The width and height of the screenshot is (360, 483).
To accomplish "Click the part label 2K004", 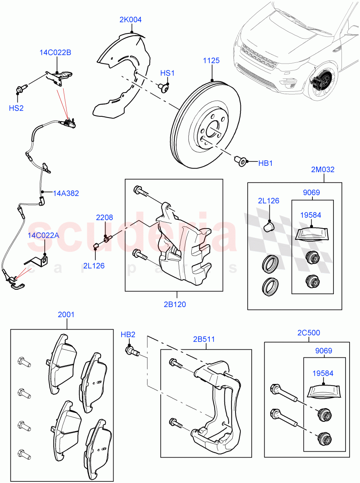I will (x=130, y=19).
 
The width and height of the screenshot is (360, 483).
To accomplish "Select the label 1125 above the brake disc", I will (x=211, y=60).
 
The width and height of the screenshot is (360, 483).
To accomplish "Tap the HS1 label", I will (x=168, y=73).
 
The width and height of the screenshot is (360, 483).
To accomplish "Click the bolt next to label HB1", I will (x=241, y=162).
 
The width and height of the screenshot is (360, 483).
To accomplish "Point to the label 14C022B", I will (x=55, y=52).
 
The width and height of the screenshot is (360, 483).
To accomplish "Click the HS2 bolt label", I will (x=17, y=108).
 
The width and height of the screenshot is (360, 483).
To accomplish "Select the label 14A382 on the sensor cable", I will (x=66, y=193).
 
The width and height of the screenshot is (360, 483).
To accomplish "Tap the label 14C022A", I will (x=43, y=235).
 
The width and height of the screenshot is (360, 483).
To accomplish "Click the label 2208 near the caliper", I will (x=104, y=217).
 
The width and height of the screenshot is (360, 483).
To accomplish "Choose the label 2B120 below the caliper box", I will (x=174, y=304).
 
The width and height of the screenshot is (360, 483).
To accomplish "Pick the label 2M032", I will (x=323, y=169).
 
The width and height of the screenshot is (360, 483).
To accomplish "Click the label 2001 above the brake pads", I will (x=66, y=314).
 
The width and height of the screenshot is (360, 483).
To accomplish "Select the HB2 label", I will (x=128, y=334).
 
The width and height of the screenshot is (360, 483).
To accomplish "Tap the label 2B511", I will (x=203, y=339).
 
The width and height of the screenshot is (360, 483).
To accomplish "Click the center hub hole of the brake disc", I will (x=212, y=131).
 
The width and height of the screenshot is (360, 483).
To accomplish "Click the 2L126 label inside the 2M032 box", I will (x=269, y=201).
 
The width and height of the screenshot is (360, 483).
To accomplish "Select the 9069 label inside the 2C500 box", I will (x=324, y=351).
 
